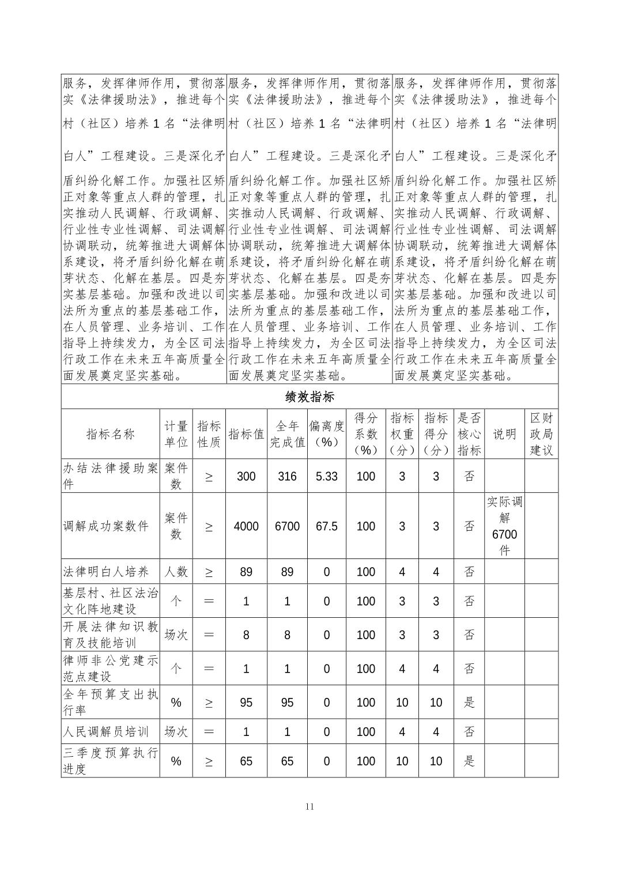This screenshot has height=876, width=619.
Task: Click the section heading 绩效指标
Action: click(309, 397)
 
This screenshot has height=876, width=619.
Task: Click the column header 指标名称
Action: click(110, 434)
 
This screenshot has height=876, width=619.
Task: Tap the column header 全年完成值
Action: click(287, 434)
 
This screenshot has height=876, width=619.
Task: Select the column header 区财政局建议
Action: click(541, 434)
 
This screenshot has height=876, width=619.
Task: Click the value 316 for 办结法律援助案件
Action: click(287, 476)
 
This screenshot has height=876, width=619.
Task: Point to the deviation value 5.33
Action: click(326, 476)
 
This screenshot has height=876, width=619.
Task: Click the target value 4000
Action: click(246, 526)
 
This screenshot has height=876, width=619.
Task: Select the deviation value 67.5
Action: click(326, 526)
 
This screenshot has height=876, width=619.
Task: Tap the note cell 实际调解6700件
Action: click(504, 526)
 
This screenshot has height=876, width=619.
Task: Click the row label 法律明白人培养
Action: click(106, 572)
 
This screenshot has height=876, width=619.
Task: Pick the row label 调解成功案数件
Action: click(106, 526)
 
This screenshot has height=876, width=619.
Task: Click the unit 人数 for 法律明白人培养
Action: click(176, 572)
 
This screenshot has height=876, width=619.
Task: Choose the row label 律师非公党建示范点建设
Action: click(110, 669)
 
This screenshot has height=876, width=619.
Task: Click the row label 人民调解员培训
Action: click(106, 731)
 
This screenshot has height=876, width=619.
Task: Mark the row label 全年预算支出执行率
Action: click(110, 702)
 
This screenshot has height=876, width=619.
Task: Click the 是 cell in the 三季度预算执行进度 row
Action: click(469, 761)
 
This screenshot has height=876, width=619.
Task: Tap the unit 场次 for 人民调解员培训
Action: click(176, 731)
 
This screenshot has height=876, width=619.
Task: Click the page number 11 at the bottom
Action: click(309, 806)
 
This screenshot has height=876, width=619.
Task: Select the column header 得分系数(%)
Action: click(365, 434)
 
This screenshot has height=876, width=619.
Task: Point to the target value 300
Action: click(246, 476)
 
